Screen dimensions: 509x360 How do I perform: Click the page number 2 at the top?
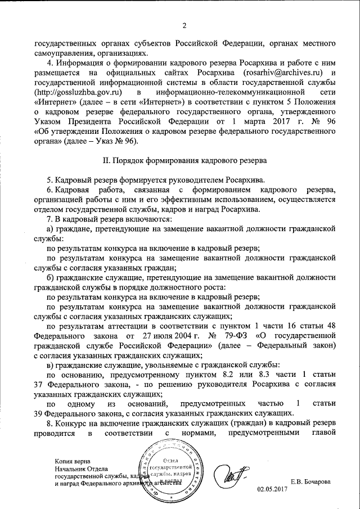tap(184, 24)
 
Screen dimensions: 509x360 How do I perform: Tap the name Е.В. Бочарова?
tap(310, 481)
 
